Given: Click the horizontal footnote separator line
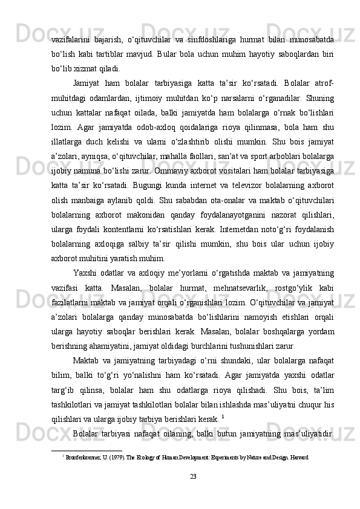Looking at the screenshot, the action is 87,450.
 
